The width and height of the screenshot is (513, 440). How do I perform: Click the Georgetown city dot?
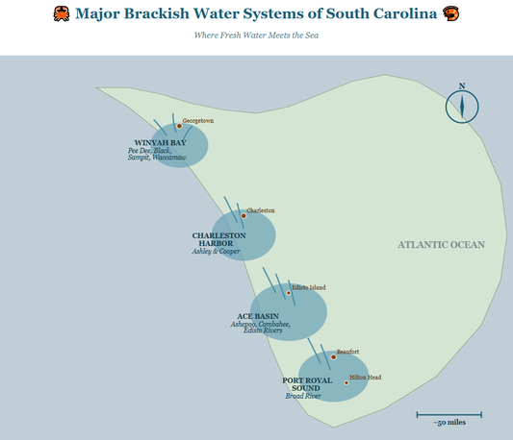(x=179, y=126)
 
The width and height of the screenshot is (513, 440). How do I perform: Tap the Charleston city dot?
(x=244, y=215)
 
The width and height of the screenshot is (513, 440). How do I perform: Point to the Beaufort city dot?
(x=333, y=357)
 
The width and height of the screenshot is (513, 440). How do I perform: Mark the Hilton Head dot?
(x=346, y=382)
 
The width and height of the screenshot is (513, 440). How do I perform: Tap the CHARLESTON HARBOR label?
(x=218, y=239)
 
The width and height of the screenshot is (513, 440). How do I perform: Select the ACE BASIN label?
(x=257, y=316)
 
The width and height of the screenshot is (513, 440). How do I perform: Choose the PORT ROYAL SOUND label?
(x=307, y=384)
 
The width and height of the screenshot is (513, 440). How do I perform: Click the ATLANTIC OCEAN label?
(x=442, y=245)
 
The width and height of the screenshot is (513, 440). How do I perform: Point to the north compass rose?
(x=462, y=106)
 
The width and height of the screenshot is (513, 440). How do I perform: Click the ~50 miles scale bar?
(x=449, y=415)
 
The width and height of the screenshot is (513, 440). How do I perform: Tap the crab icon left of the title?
(x=61, y=14)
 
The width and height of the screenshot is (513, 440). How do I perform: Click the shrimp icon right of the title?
(x=447, y=14)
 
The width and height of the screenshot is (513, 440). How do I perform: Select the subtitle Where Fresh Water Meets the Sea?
(x=256, y=36)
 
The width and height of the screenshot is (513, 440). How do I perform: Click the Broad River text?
(x=301, y=396)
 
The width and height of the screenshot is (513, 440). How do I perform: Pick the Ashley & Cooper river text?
(x=216, y=252)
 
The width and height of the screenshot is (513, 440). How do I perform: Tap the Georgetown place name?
(x=198, y=121)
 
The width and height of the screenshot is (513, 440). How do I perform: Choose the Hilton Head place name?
(x=366, y=378)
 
